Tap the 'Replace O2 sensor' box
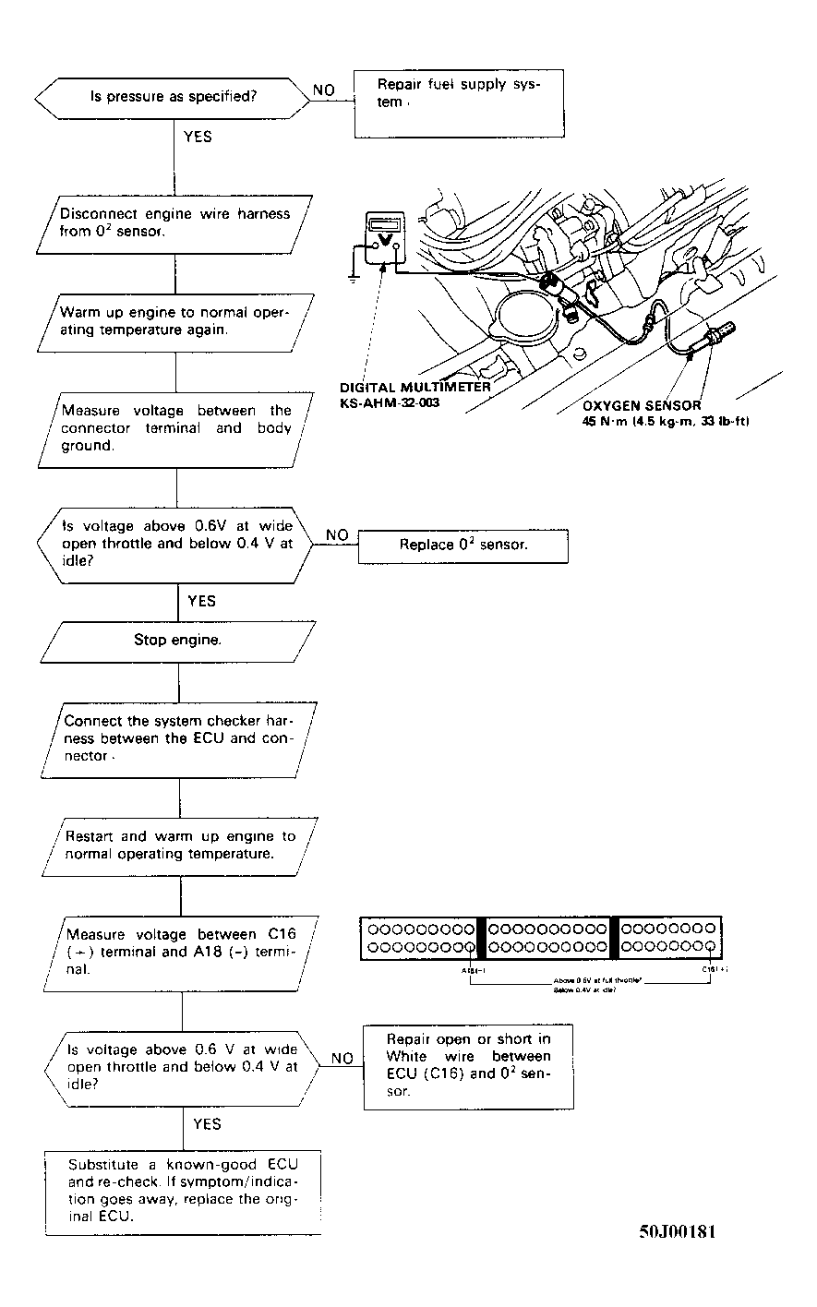click(x=463, y=546)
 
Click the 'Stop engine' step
click(x=177, y=640)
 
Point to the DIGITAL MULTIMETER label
click(x=415, y=388)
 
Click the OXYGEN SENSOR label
click(x=642, y=405)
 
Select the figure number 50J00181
click(x=677, y=1232)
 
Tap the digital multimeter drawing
click(x=383, y=241)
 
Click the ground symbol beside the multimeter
click(x=352, y=274)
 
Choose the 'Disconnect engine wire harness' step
click(x=175, y=222)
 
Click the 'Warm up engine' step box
click(x=175, y=321)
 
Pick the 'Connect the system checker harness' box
click(x=178, y=738)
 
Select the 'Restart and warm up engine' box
click(x=180, y=845)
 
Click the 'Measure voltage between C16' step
click(x=181, y=952)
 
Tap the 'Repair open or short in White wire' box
click(x=468, y=1065)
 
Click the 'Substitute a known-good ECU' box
click(x=183, y=1191)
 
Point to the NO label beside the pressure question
click(x=323, y=90)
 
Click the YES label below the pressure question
click(x=198, y=137)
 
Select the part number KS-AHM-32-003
click(x=395, y=403)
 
